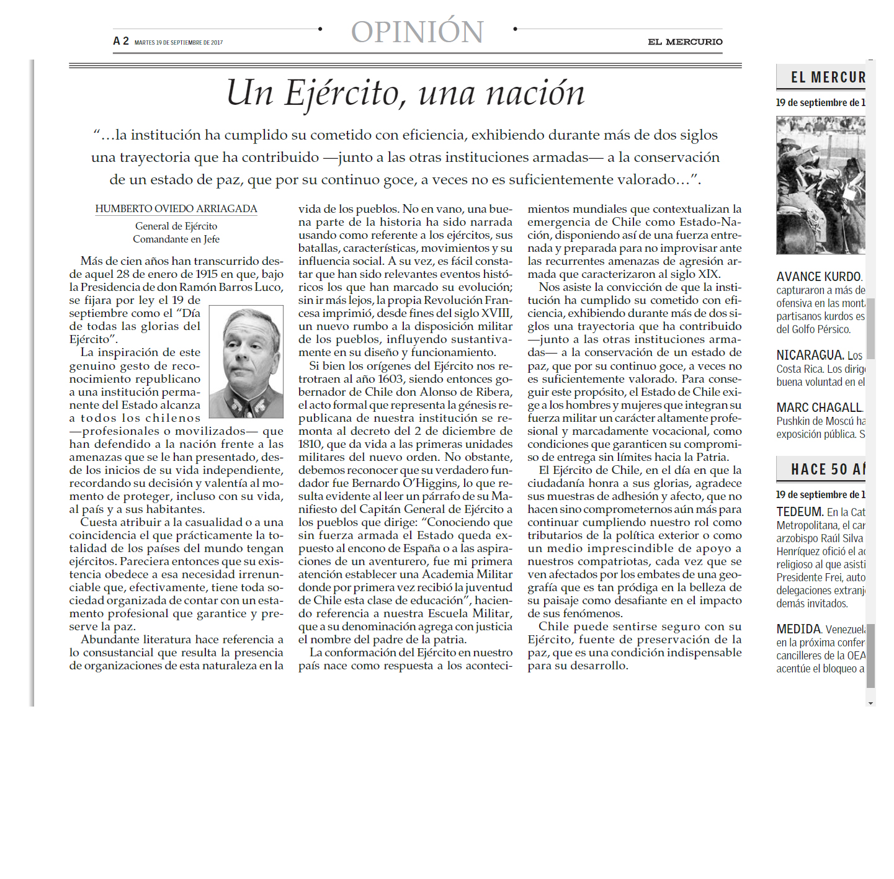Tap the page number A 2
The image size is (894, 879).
[x=121, y=41]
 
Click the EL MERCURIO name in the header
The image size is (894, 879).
[x=685, y=42]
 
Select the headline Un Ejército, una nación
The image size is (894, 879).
[x=405, y=93]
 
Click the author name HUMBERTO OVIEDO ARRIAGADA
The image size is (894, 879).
[x=176, y=209]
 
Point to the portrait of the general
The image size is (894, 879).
[x=246, y=362]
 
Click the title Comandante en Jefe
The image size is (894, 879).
[x=176, y=239]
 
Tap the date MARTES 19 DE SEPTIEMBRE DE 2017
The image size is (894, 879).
[x=179, y=43]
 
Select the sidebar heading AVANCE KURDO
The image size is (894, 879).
[x=818, y=277]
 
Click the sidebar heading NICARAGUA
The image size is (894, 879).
[x=810, y=355]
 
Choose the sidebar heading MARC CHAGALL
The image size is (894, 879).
[x=819, y=408]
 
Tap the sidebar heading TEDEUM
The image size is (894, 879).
[x=800, y=512]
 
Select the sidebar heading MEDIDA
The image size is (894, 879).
[x=798, y=629]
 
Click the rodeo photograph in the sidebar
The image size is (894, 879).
[x=820, y=185]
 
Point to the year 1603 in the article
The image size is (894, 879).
[x=390, y=379]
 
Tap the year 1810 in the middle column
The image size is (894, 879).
[x=310, y=444]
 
